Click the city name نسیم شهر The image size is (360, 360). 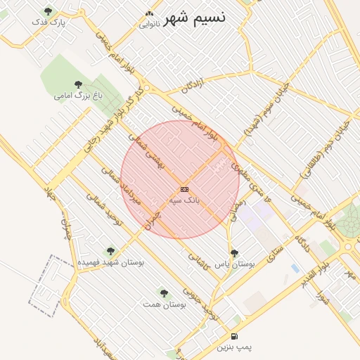pyautogui.click(x=195, y=19)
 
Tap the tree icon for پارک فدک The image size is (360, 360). pyautogui.click(x=48, y=11)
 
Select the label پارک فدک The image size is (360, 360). pyautogui.click(x=48, y=22)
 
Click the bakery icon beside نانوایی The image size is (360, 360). pyautogui.click(x=148, y=13)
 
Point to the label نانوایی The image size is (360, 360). pyautogui.click(x=149, y=24)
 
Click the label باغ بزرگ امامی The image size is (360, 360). pyautogui.click(x=78, y=95)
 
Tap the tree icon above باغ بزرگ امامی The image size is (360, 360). pyautogui.click(x=78, y=84)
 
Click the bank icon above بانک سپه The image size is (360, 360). pyautogui.click(x=184, y=189)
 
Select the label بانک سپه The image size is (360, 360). pyautogui.click(x=184, y=200)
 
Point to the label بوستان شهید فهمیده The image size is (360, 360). pyautogui.click(x=110, y=262)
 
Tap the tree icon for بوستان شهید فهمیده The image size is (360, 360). pyautogui.click(x=110, y=250)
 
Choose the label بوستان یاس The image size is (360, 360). pyautogui.click(x=235, y=264)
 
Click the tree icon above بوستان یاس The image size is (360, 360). pyautogui.click(x=235, y=252)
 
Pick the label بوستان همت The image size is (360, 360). pyautogui.click(x=164, y=304)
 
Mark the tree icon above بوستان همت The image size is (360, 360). pyautogui.click(x=164, y=293)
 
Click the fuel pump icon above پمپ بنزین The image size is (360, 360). pyautogui.click(x=234, y=336)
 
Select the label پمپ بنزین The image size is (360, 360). pyautogui.click(x=234, y=347)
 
